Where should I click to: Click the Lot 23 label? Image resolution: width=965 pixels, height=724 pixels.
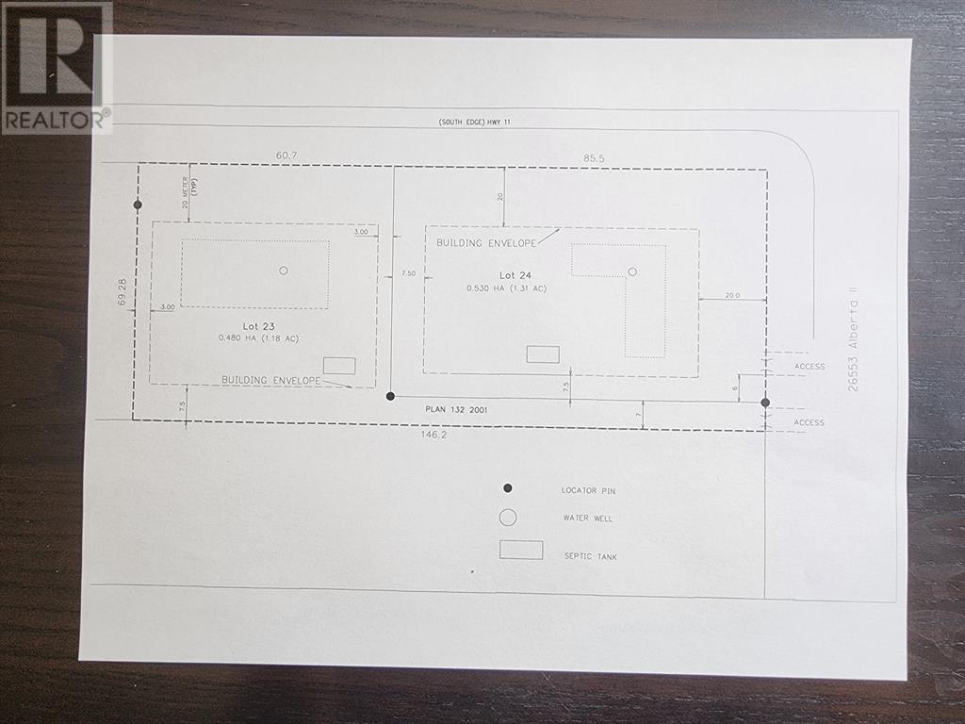(258, 326)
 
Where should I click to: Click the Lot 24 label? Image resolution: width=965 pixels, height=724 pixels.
(515, 275)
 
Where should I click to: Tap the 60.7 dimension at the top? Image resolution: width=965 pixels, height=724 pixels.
(286, 156)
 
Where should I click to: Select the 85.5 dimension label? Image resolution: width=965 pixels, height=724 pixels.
(594, 158)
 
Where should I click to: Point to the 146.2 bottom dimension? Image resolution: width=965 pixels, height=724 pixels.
(433, 435)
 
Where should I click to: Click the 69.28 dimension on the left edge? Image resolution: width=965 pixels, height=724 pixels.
(123, 292)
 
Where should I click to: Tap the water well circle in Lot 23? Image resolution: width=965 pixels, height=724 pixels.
(283, 271)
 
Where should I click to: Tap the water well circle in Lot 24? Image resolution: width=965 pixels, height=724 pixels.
(632, 271)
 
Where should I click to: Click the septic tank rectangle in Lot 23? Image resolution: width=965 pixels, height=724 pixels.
(339, 366)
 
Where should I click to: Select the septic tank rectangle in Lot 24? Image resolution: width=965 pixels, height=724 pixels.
(543, 354)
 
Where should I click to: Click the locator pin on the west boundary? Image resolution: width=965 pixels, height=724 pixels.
(138, 205)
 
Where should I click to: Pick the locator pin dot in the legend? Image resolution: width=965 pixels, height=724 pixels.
(508, 488)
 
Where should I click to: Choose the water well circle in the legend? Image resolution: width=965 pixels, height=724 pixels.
(508, 518)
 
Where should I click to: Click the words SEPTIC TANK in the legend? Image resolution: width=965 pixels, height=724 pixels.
(590, 556)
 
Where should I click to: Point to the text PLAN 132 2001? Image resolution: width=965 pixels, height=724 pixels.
(456, 409)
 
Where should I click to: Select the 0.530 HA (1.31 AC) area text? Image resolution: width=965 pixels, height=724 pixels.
(506, 288)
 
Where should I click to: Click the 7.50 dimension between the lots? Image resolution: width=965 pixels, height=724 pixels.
(408, 273)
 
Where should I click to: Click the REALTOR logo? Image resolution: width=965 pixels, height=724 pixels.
(57, 68)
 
